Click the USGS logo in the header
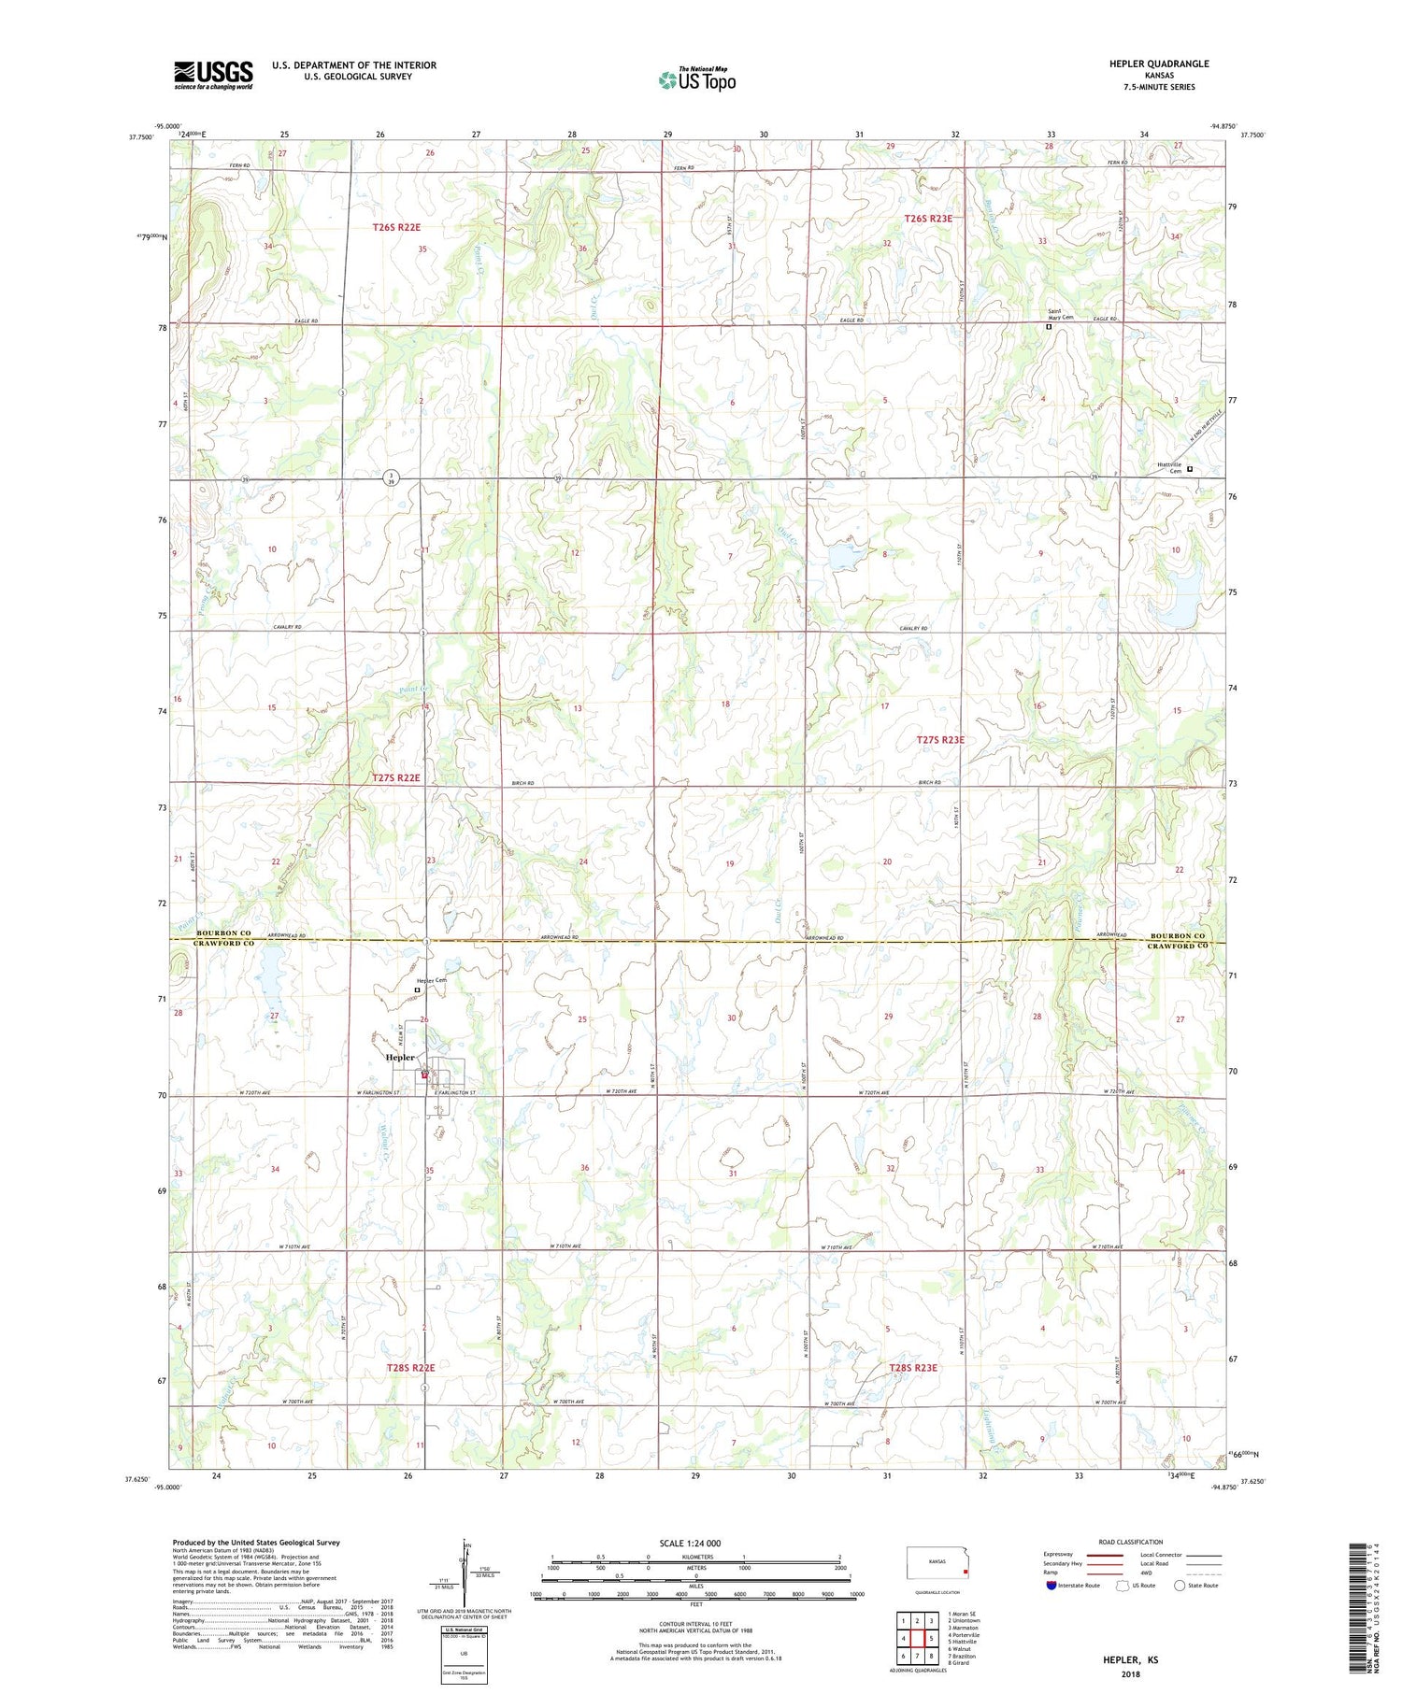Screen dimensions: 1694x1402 click(213, 75)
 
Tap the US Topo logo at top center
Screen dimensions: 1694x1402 click(696, 79)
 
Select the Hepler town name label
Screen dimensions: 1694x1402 click(400, 1057)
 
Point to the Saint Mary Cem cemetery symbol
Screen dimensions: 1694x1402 click(1048, 327)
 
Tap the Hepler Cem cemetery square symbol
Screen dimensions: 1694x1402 click(418, 989)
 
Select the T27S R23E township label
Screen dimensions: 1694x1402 click(939, 739)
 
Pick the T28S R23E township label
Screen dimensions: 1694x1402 click(912, 1367)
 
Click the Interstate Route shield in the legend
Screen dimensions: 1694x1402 click(1051, 1586)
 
